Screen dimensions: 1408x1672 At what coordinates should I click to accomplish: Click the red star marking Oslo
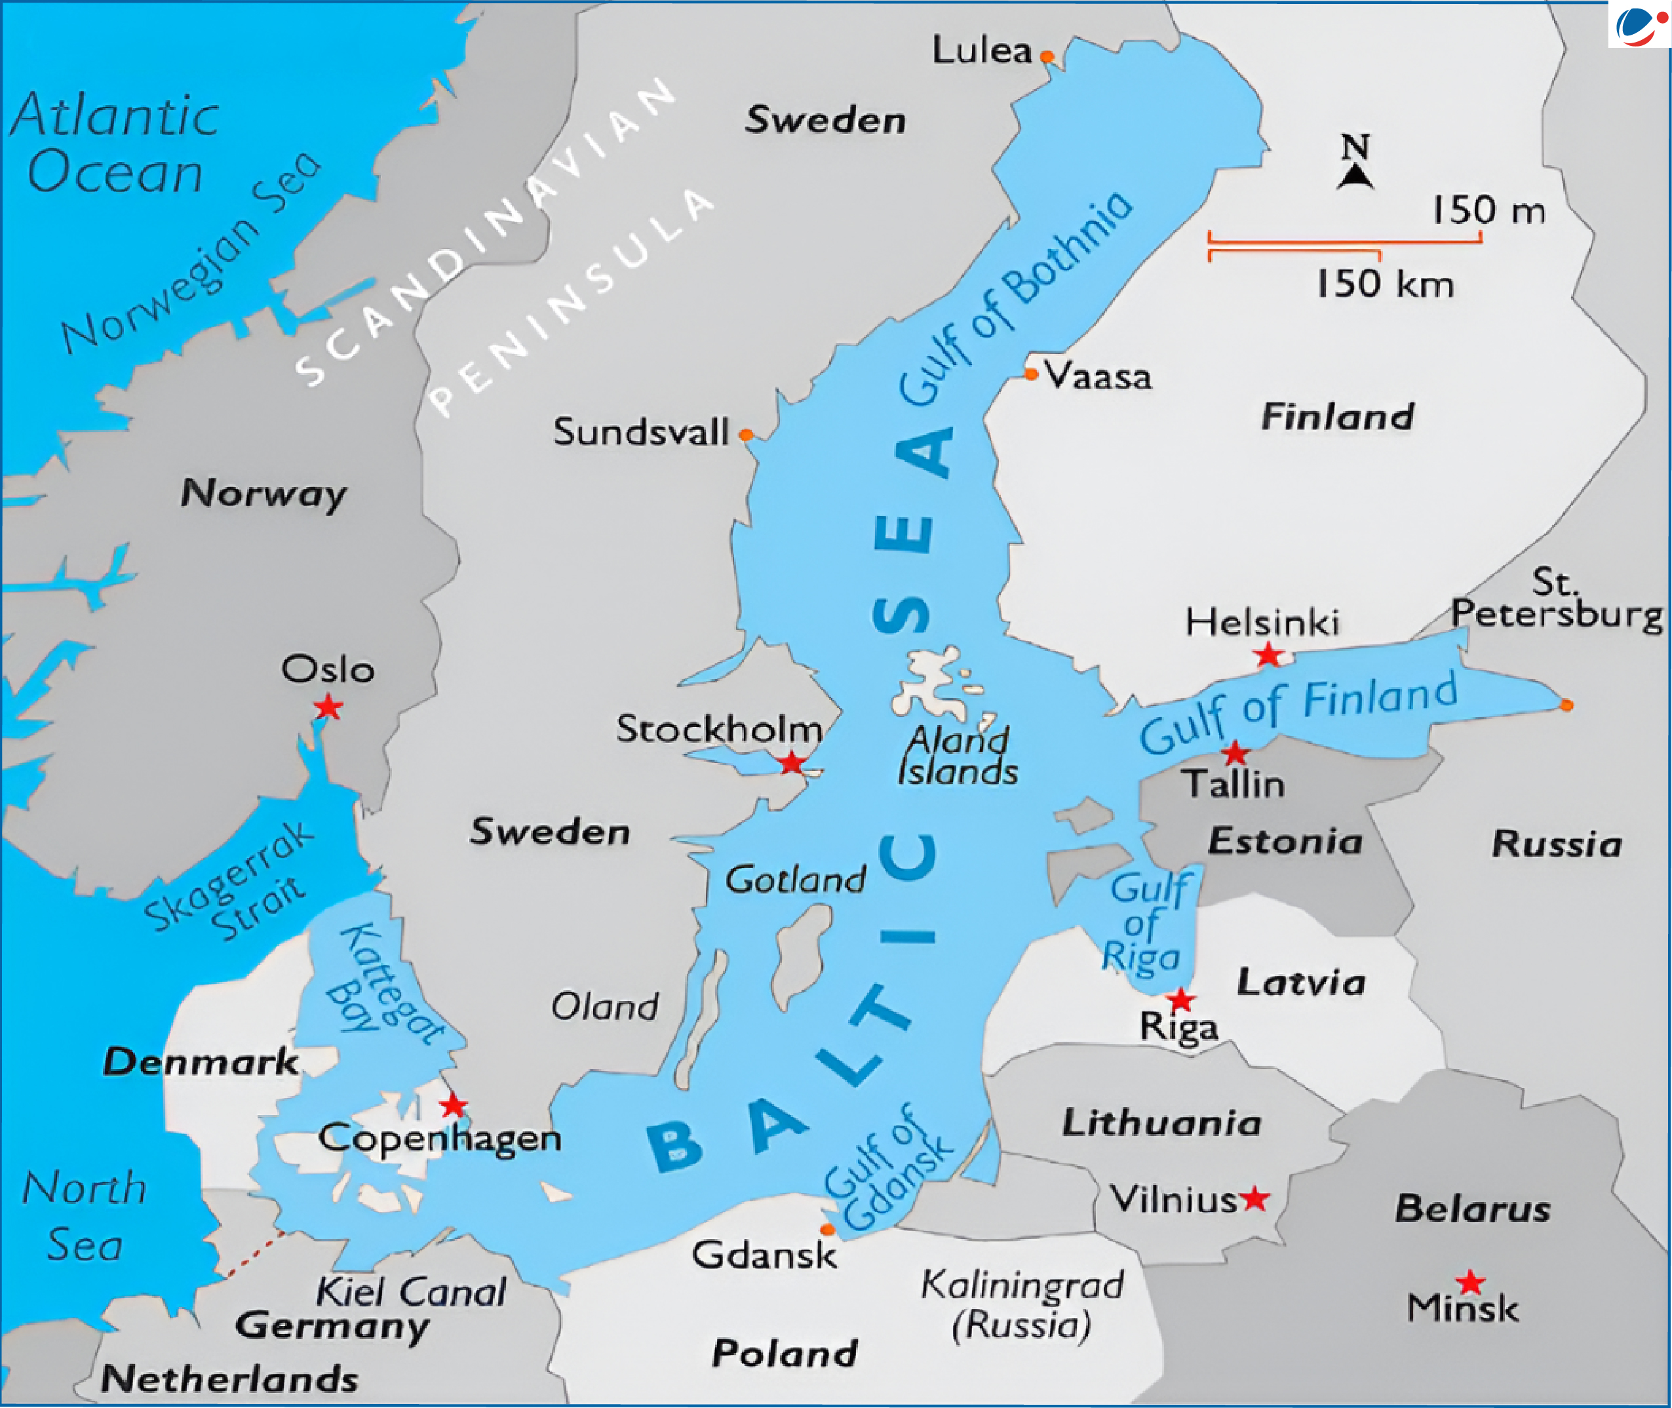(x=328, y=707)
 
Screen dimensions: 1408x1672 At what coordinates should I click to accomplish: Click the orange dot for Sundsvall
(x=745, y=435)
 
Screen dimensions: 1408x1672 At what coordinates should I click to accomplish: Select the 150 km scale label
(x=1385, y=283)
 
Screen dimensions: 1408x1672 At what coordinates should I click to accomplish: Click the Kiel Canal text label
(x=411, y=1291)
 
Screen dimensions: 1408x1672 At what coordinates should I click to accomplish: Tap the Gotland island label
(x=795, y=880)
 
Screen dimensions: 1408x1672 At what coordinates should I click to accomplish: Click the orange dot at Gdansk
(x=828, y=1229)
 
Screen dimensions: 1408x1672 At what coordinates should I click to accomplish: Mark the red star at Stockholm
(x=791, y=762)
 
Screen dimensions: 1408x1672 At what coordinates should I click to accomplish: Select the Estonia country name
(x=1285, y=841)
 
